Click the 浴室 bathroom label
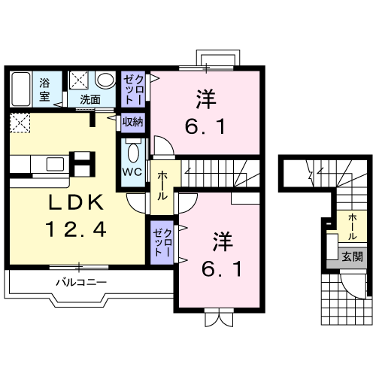point(44,89)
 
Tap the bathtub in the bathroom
point(21,89)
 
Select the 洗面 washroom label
point(90,100)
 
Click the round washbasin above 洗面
point(105,80)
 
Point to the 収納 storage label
point(133,122)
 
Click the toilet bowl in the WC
point(133,152)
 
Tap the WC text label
point(132,172)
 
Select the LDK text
point(76,202)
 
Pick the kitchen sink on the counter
point(54,164)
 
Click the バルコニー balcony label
point(81,283)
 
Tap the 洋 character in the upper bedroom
point(206,99)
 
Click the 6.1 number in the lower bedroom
point(222,269)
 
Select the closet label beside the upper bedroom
point(134,89)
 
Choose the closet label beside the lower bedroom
point(163,242)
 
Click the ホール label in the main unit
point(162,186)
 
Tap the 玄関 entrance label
point(352,257)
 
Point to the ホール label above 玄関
point(352,227)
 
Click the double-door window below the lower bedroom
point(219,317)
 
